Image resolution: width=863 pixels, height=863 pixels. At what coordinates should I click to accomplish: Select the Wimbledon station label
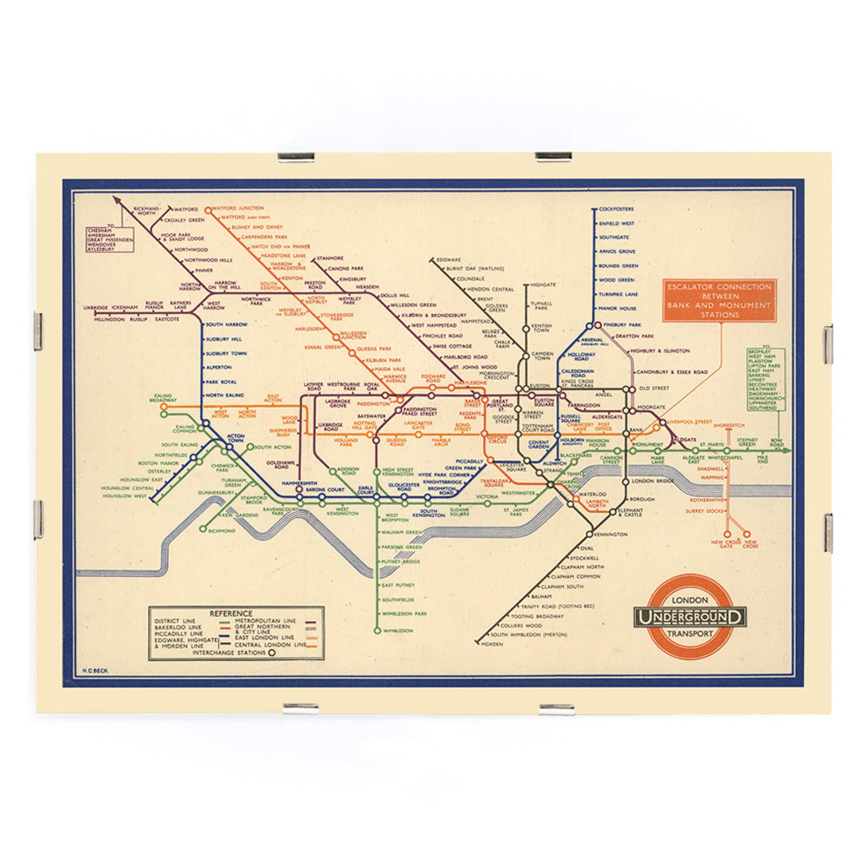(398, 631)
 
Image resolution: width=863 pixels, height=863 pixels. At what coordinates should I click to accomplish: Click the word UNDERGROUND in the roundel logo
(690, 616)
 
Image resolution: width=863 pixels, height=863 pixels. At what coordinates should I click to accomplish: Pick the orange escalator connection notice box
(718, 300)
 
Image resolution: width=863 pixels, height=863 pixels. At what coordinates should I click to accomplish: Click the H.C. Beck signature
(95, 672)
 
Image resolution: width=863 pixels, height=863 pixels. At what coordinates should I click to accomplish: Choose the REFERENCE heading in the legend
(231, 614)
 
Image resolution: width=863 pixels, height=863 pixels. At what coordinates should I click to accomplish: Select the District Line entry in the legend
(173, 621)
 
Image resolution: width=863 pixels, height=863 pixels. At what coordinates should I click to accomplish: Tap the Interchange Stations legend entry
(228, 652)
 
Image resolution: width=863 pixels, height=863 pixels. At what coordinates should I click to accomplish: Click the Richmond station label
(221, 531)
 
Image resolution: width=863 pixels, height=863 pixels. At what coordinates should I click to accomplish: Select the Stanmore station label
(329, 258)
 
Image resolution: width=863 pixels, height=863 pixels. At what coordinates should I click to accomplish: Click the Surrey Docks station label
(705, 510)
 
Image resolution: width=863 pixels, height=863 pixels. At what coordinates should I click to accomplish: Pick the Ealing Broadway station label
(163, 397)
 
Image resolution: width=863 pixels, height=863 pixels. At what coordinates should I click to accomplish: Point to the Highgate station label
(543, 284)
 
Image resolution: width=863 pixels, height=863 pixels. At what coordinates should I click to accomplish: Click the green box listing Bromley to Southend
(766, 379)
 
